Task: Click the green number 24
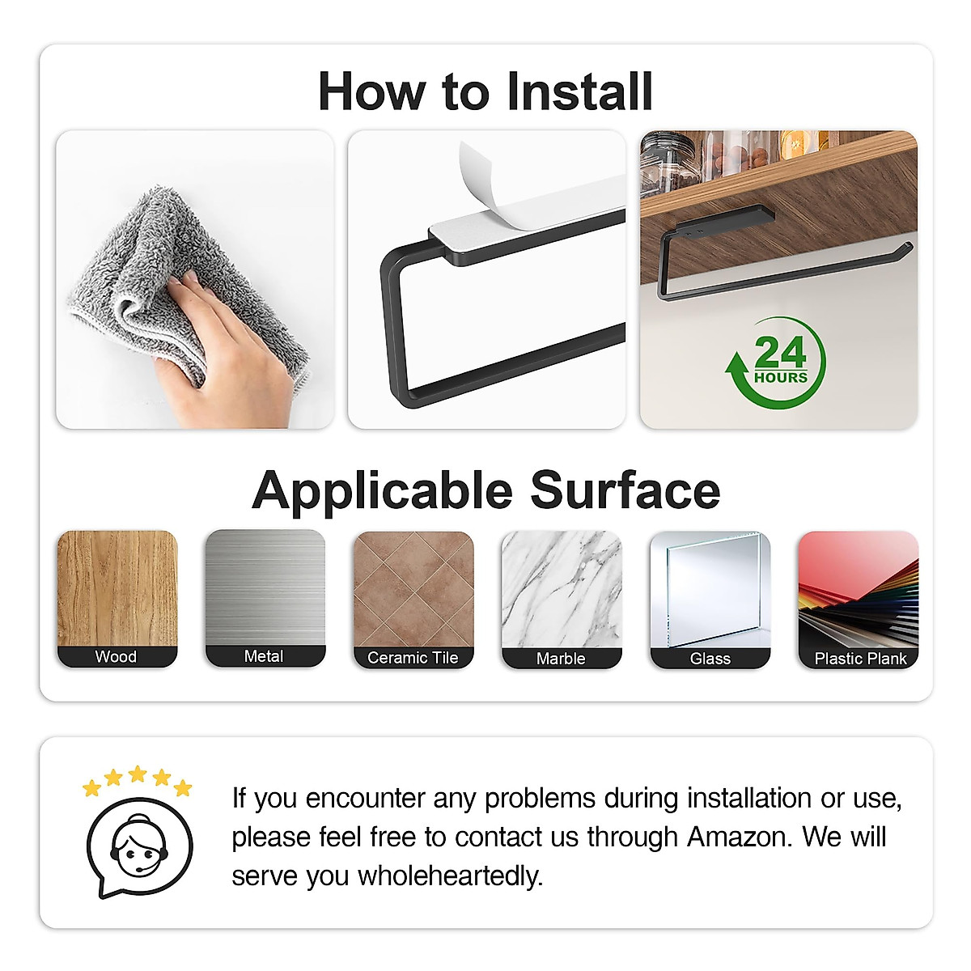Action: coord(780,353)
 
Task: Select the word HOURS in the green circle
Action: coord(781,378)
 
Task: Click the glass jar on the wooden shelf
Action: coord(668,166)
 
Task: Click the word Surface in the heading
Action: coord(625,491)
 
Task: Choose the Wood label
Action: coord(117,657)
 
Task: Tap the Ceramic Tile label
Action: coord(413,658)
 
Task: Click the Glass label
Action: coord(710,659)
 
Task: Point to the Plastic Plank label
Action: coord(859,659)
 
